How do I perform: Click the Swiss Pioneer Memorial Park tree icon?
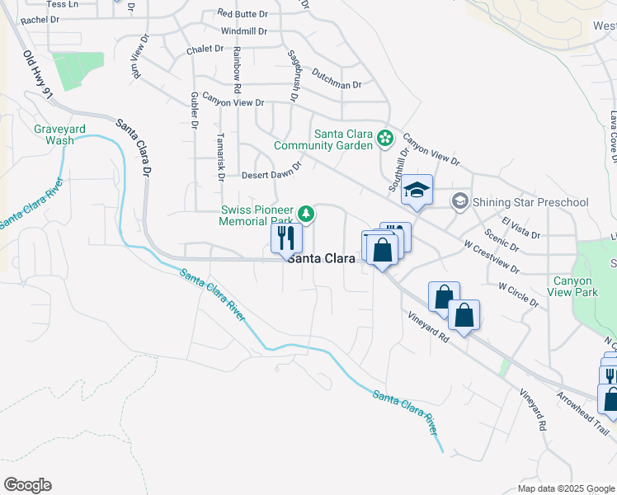pos(306,215)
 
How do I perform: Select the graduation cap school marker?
pos(417,191)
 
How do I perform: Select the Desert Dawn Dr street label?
pos(271,175)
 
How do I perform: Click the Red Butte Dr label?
pos(243,14)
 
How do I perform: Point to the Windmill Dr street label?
pos(244,31)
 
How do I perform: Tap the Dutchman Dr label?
pos(337,85)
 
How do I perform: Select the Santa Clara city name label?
pos(321,258)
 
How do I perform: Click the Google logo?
pos(27,485)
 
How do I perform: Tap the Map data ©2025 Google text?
pos(566,488)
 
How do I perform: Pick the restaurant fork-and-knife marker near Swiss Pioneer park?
pos(286,238)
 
